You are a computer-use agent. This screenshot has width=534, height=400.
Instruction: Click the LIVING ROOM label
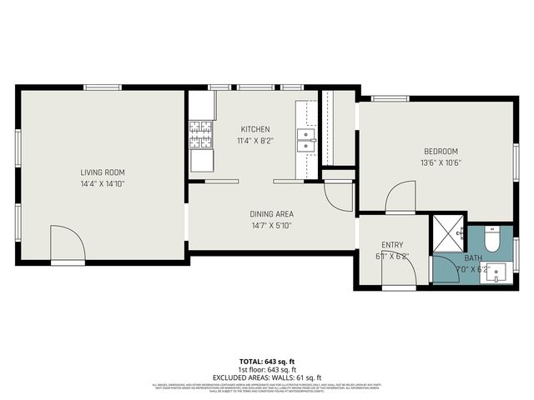(103, 172)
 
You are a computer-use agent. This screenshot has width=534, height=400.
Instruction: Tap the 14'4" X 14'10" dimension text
(103, 183)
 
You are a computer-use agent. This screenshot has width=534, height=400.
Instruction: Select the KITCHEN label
(254, 129)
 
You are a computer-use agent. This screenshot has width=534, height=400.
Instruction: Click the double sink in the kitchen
(306, 139)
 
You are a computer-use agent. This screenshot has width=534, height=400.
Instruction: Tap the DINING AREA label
(273, 214)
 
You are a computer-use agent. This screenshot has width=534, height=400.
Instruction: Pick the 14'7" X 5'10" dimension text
(273, 225)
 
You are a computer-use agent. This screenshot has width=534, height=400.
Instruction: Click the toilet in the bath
(492, 242)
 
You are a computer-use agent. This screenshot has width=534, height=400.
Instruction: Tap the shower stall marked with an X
(448, 235)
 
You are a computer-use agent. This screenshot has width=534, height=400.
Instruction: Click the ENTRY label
(392, 245)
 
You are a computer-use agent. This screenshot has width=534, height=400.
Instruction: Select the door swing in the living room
(67, 243)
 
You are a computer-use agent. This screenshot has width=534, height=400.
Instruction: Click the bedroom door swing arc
(400, 197)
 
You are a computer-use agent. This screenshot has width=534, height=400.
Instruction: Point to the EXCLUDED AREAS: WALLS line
(266, 377)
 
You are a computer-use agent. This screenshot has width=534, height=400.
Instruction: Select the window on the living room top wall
(103, 87)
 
